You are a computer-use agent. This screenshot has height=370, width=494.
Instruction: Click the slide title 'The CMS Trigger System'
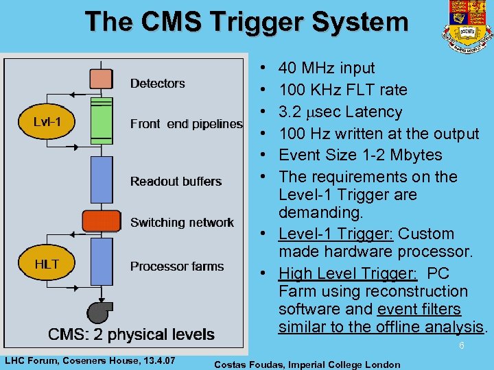(247, 22)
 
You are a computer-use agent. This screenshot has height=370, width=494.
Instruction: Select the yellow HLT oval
(46, 264)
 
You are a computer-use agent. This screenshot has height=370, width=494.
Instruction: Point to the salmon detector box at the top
(102, 78)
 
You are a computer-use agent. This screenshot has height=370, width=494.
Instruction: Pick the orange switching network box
(102, 221)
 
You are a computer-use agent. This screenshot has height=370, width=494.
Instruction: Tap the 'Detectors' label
(158, 84)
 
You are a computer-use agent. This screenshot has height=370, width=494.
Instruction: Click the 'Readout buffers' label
(176, 182)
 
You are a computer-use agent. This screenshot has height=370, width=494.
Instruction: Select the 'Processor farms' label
(177, 266)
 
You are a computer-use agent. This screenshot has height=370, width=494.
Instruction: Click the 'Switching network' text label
(182, 223)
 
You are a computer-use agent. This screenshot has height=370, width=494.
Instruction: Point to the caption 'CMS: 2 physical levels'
(131, 334)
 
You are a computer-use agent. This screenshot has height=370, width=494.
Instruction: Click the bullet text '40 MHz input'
(327, 68)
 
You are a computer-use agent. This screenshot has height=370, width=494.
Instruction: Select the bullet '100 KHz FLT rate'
(342, 90)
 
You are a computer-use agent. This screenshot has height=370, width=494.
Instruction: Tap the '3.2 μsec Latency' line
(340, 112)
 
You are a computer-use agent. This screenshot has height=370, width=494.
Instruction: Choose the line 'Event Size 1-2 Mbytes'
(360, 155)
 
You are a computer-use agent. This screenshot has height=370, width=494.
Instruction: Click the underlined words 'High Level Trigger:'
(348, 273)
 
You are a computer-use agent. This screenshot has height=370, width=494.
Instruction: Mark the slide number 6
(462, 346)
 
